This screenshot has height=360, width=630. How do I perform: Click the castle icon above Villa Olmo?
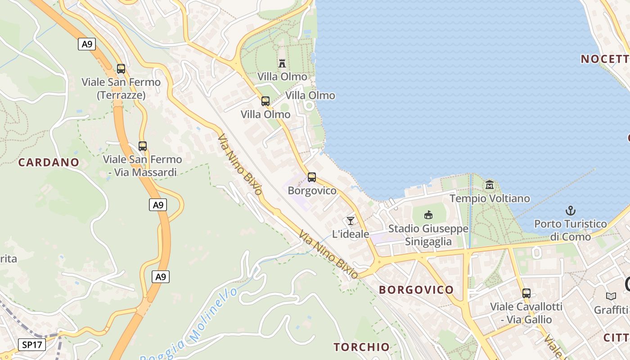click(282, 63)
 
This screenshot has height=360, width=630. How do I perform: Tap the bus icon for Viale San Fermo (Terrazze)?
click(121, 69)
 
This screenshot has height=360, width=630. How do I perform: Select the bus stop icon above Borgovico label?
click(312, 177)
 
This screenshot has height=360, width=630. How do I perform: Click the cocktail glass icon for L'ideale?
click(351, 220)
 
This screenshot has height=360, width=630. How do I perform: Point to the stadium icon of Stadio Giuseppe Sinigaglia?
click(428, 215)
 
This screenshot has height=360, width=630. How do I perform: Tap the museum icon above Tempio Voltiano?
click(490, 185)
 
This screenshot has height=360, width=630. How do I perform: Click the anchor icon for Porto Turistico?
click(570, 210)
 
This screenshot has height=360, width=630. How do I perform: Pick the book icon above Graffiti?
click(611, 296)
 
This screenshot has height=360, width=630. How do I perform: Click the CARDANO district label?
click(49, 162)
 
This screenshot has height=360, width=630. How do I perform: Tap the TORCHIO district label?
click(361, 347)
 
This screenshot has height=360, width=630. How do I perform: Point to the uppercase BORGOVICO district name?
click(416, 290)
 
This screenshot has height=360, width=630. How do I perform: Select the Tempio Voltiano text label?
click(490, 198)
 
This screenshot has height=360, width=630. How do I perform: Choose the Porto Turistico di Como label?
click(570, 230)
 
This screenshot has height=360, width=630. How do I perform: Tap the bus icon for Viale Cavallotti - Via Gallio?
click(526, 293)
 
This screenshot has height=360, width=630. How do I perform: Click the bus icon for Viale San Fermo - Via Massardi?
click(143, 146)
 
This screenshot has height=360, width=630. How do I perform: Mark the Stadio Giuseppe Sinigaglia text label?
click(428, 235)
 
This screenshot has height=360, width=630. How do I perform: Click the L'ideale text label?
click(351, 234)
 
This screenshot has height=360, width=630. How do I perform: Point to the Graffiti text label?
click(611, 310)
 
